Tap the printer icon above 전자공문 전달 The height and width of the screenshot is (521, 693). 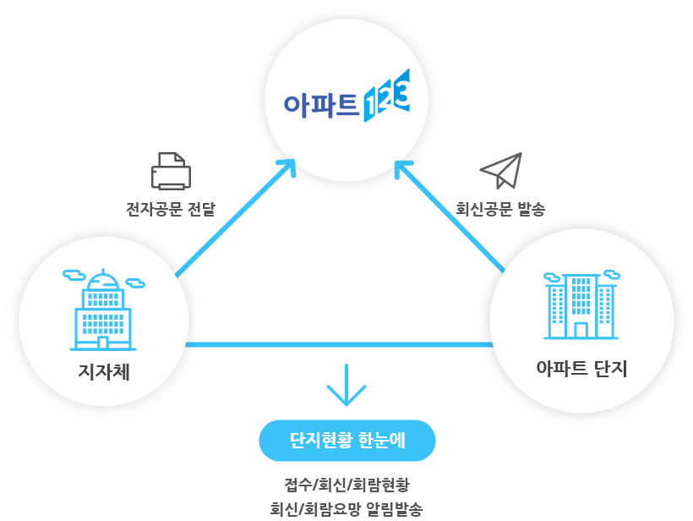coord(171,172)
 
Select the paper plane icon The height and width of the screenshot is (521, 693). coord(501,171)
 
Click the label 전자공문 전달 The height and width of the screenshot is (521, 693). coord(170,209)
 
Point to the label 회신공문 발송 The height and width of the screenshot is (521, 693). coord(500,209)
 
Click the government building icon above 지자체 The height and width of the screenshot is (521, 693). coord(103,310)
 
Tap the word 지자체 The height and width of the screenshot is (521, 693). coord(103,371)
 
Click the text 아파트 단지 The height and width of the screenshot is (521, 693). coord(581,369)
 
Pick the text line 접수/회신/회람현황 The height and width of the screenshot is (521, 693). coord(346,485)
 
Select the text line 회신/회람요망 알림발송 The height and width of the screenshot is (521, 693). coord(346,509)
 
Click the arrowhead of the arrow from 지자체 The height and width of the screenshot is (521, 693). coord(287,166)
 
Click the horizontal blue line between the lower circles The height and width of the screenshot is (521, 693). coord(338,344)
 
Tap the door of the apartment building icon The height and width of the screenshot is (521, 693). coord(581,330)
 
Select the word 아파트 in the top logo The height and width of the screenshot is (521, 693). coord(320,103)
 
